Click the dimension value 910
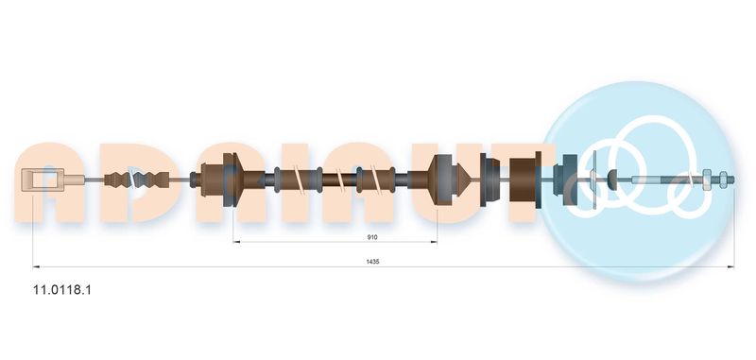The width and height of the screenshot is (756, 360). (x=372, y=237)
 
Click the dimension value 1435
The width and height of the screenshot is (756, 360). (x=372, y=262)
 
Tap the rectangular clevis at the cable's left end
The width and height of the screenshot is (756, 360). (x=43, y=180)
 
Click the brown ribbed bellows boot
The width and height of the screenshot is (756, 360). (x=136, y=180)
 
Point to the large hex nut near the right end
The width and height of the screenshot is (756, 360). (x=707, y=180)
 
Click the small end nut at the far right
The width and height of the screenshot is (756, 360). (x=723, y=180)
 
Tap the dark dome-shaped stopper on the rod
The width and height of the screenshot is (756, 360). (x=612, y=180)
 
